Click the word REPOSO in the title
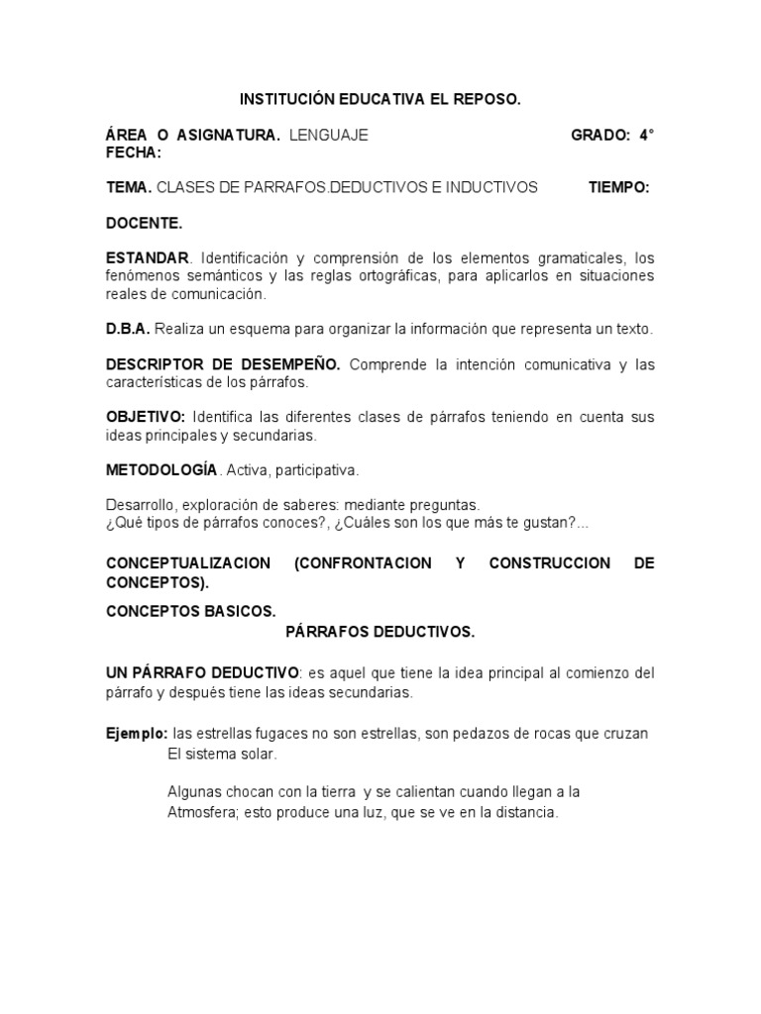(x=485, y=100)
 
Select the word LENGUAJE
(x=329, y=135)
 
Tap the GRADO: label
(x=600, y=135)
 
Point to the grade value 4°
(x=646, y=135)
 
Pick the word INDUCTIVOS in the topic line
(x=492, y=187)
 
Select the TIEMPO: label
(x=619, y=187)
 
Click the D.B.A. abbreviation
(x=128, y=329)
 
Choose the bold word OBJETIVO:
(x=146, y=417)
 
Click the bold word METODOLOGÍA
(x=161, y=469)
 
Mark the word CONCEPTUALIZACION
(x=188, y=563)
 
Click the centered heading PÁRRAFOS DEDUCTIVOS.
(x=380, y=631)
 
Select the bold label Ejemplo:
(x=137, y=734)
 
